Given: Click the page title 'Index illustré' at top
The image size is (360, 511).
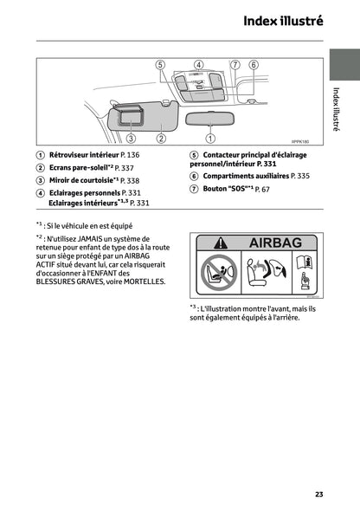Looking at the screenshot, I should (x=283, y=21).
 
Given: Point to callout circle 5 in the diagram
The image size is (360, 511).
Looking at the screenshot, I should (x=160, y=65).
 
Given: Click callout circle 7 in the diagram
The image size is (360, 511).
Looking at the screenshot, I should (x=235, y=65).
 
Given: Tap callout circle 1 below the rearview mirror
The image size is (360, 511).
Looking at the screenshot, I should (x=210, y=137).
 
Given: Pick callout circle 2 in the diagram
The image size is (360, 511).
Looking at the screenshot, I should (x=161, y=137).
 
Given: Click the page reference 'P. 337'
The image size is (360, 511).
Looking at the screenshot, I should (x=125, y=167).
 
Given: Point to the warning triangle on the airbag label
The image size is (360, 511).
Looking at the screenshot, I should (x=222, y=245).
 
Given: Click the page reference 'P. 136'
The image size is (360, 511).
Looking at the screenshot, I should (x=126, y=154).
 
